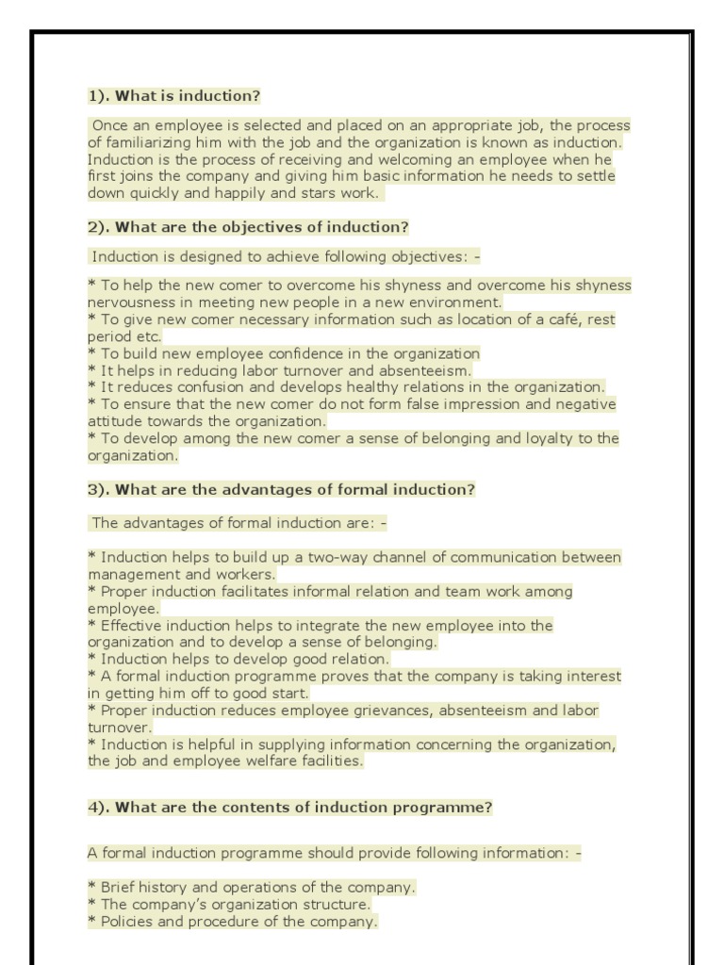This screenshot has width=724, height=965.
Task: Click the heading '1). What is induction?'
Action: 173,96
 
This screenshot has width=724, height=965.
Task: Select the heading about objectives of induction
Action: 248,227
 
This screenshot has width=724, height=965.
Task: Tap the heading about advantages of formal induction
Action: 281,489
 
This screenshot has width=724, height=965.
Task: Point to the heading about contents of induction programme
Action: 289,808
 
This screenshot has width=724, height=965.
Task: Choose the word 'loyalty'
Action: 539,438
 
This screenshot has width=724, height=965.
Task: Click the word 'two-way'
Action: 306,557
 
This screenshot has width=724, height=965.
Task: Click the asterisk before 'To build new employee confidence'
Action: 91,353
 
